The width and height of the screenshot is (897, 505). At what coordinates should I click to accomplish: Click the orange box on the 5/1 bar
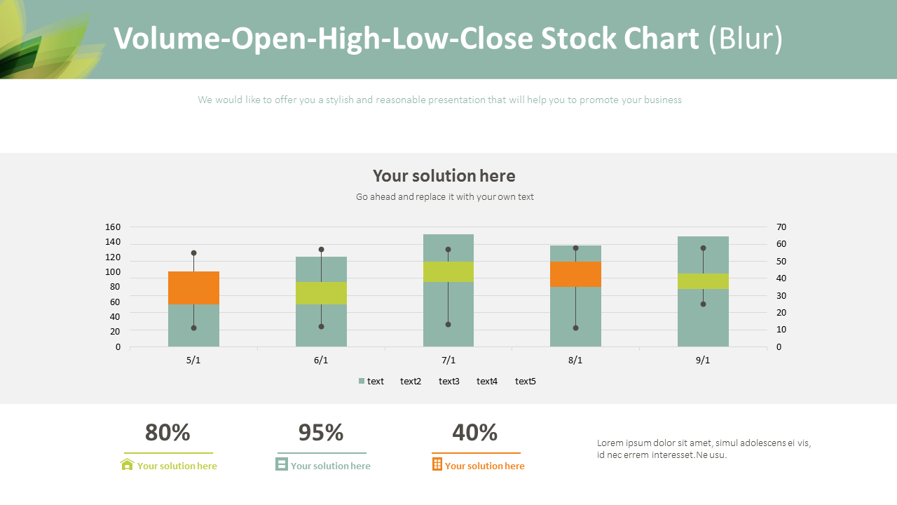193,288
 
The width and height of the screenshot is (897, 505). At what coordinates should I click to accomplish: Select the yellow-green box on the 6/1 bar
321,292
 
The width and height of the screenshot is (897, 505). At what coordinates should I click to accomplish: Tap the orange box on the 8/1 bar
575,274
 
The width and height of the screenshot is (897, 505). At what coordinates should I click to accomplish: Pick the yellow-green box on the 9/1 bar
703,281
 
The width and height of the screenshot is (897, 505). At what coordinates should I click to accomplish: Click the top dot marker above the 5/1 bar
193,252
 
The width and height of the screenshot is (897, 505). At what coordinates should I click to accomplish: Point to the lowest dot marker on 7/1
448,324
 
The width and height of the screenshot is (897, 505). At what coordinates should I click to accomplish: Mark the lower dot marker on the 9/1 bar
703,304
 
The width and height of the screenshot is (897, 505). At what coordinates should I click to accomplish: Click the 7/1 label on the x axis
448,360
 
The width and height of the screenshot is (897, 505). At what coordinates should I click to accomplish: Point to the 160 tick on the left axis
113,227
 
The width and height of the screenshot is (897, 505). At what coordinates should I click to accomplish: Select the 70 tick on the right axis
782,227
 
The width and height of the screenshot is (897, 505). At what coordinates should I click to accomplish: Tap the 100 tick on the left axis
113,271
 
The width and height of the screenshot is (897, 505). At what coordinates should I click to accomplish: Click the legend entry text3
448,381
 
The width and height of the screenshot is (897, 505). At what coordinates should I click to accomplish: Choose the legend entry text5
525,381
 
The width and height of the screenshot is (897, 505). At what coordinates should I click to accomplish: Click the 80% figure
167,433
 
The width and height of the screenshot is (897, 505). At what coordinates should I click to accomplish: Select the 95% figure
321,433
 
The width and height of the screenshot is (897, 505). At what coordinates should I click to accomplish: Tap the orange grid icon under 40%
437,464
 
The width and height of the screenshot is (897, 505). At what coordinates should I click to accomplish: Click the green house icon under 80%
127,464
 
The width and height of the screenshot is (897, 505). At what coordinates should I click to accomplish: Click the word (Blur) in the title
746,39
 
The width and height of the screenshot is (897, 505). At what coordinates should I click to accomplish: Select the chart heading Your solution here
444,175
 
